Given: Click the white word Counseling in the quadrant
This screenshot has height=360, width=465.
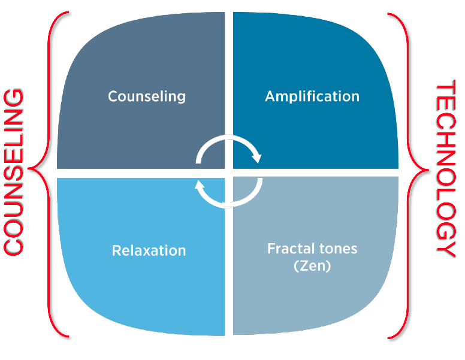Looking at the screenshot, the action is [x=147, y=96].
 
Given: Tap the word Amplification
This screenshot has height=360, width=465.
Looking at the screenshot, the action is [x=312, y=96].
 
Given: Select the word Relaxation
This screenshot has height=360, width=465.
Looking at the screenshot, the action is [x=149, y=250].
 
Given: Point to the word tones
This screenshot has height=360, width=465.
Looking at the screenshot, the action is [x=337, y=249].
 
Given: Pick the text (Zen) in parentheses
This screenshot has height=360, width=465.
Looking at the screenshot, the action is [x=312, y=265].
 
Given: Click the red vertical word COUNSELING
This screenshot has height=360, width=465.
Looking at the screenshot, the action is [x=13, y=172].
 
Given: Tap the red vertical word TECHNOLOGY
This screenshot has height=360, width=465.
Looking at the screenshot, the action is [x=446, y=168].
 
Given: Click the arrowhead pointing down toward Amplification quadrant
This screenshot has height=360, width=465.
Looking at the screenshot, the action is [x=256, y=158].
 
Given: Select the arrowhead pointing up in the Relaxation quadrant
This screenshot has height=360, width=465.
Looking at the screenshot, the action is [x=200, y=184].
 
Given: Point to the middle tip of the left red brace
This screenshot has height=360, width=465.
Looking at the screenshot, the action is [x=29, y=168].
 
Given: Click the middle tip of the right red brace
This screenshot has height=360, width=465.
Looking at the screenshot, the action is [x=427, y=170].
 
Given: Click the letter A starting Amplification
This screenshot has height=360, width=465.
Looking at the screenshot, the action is [x=271, y=96].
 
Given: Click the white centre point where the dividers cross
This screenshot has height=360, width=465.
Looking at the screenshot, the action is [x=229, y=173].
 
